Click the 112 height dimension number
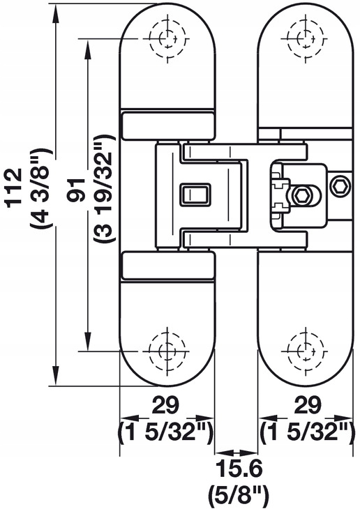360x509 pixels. (15, 186)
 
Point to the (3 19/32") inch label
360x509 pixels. (105, 188)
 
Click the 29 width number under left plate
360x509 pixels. (166, 405)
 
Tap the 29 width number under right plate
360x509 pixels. (308, 405)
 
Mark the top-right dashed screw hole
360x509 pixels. (305, 38)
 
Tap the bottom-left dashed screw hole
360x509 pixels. (167, 351)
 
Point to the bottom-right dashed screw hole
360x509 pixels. (306, 351)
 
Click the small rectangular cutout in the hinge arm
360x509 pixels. (195, 195)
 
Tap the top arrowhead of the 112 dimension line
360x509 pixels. (57, 13)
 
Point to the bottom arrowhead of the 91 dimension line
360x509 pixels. (87, 342)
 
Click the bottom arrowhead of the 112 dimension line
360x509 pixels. (57, 377)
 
